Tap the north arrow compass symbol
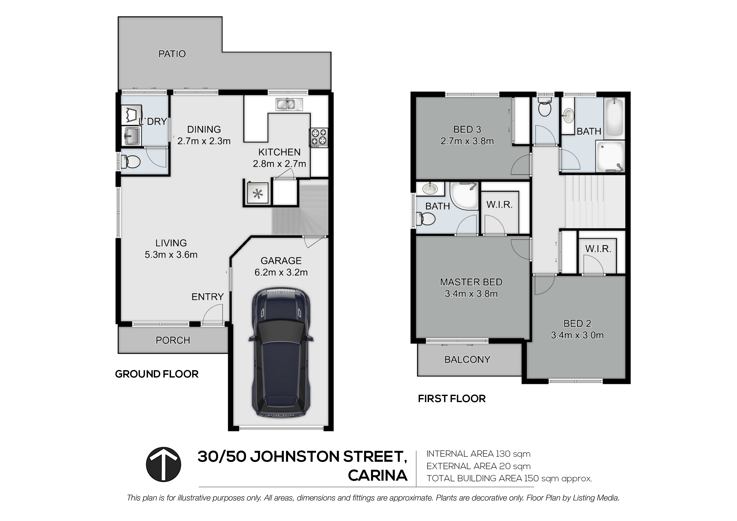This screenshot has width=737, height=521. click(163, 464)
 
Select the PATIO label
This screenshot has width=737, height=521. click(172, 54)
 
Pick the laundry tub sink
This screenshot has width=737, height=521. click(131, 136)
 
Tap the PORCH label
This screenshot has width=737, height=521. click(173, 340)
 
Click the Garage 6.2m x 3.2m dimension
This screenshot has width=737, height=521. click(281, 272)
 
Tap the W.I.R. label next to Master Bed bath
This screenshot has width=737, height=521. click(499, 204)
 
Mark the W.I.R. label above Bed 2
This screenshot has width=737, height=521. click(598, 249)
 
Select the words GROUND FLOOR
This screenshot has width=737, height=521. click(157, 374)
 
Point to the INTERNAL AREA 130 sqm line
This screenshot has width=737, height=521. click(478, 454)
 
